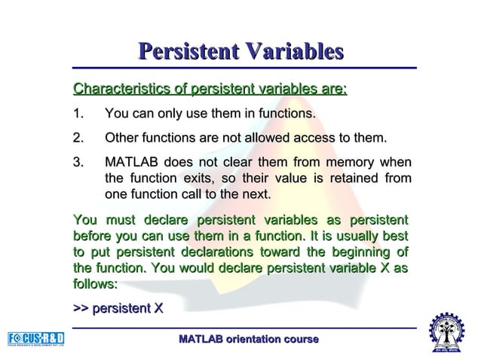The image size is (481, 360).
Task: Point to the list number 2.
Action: (x=77, y=139)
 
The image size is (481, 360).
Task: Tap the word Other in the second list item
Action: (x=123, y=139)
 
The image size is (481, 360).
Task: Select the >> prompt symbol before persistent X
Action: (x=80, y=308)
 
